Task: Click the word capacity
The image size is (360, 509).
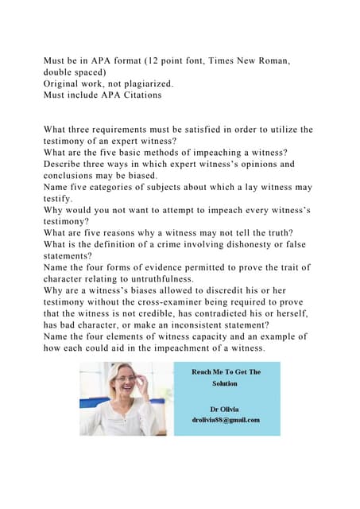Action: click(x=215, y=336)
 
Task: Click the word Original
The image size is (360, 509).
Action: click(x=65, y=82)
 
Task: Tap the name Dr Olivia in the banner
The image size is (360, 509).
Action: click(x=225, y=410)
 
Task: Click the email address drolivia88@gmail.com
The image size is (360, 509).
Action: click(x=226, y=420)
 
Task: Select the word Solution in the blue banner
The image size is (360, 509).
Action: click(x=225, y=383)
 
